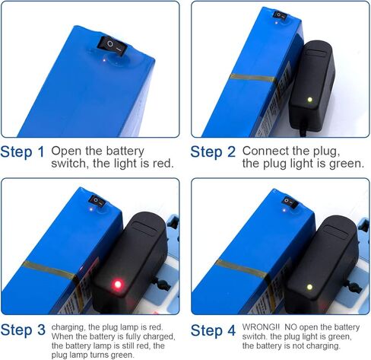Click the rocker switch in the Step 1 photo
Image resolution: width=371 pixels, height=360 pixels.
[112, 46]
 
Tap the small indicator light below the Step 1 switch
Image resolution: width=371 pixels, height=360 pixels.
[103, 60]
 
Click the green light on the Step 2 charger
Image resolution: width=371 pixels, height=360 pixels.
[309, 100]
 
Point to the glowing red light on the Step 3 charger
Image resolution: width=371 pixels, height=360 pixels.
[118, 284]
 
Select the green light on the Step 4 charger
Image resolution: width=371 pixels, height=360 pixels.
[309, 287]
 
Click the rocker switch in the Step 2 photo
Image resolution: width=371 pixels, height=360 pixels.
[280, 15]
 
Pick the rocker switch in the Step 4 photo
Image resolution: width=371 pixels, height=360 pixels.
[290, 202]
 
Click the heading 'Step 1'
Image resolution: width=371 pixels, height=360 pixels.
[23, 152]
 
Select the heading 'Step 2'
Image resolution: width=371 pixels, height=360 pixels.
[213, 152]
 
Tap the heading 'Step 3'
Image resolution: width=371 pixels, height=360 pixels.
[23, 330]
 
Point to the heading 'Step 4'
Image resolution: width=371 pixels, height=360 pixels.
[213, 330]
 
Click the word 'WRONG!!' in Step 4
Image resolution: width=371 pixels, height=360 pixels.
[261, 327]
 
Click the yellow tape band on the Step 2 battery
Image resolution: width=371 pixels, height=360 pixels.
[253, 78]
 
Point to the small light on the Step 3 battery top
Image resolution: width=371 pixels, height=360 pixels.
[91, 209]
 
